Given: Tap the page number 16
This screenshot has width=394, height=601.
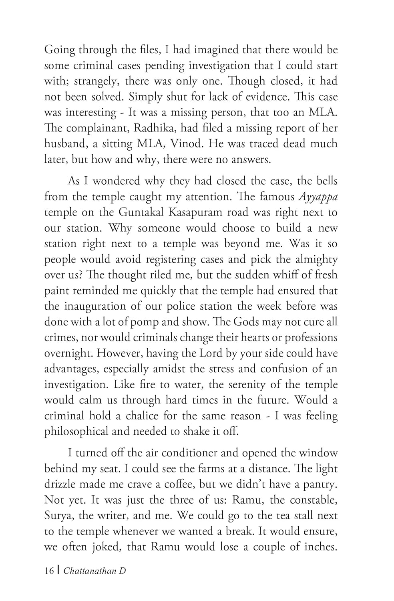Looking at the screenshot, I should coord(49,571).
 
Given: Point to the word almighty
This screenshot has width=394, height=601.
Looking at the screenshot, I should coord(313,260).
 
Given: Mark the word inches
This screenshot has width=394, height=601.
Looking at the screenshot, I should coord(319,547).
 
